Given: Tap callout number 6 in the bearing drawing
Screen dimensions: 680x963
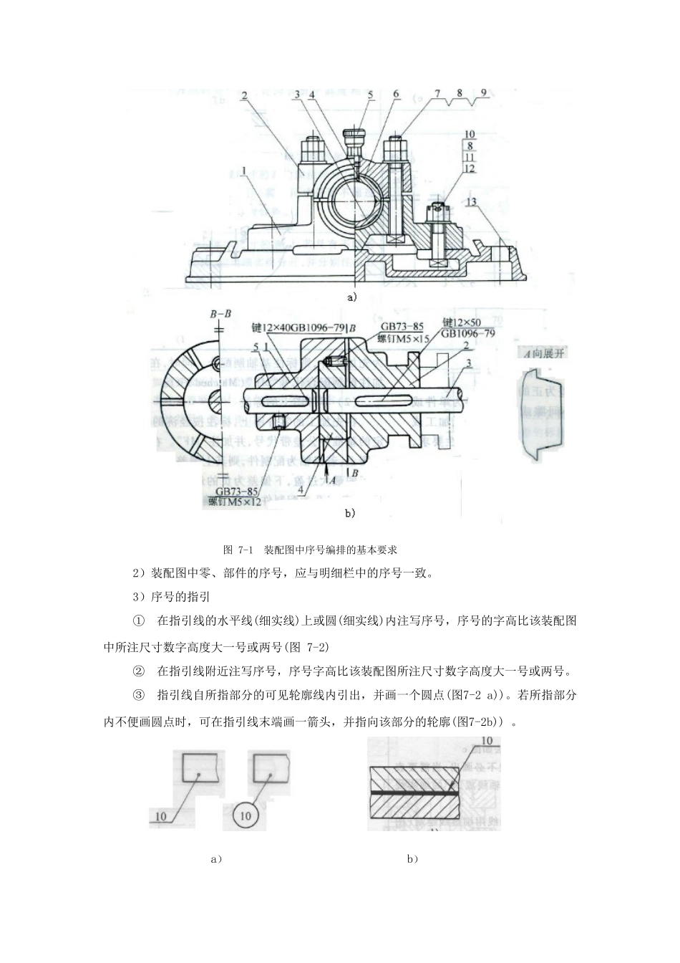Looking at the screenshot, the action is [396, 94].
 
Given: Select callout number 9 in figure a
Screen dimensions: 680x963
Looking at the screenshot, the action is [484, 92].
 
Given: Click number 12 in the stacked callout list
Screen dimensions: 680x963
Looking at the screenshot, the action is [470, 168].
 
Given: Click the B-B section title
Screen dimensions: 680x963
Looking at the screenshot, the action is [220, 314].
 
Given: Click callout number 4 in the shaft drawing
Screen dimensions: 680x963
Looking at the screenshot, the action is [301, 490].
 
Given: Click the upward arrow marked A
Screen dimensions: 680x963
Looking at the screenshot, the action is [326, 470].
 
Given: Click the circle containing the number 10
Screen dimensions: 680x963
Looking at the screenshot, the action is [246, 815].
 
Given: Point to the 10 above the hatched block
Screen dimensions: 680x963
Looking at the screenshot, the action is [487, 741].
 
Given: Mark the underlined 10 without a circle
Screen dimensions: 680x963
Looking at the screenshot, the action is [160, 816].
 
